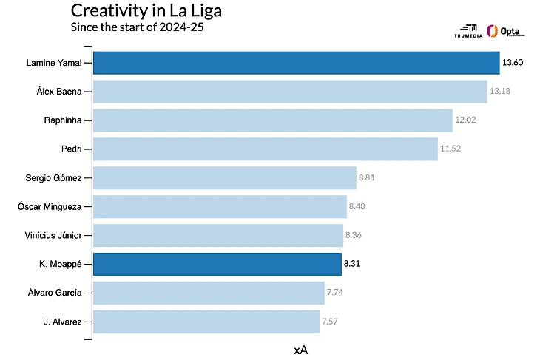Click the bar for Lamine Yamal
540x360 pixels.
click(x=296, y=63)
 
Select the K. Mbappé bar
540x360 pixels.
click(x=217, y=264)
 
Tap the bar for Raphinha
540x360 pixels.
click(x=272, y=120)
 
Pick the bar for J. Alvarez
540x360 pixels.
click(x=206, y=322)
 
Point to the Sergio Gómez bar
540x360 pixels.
click(x=225, y=178)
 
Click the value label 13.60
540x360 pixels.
click(x=513, y=63)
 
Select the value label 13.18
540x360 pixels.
click(x=500, y=92)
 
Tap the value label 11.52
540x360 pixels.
click(x=450, y=149)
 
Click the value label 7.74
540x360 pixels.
click(x=335, y=293)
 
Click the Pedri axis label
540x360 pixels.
click(x=71, y=149)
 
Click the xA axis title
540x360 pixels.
click(x=300, y=350)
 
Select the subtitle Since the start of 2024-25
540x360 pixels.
click(x=136, y=28)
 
